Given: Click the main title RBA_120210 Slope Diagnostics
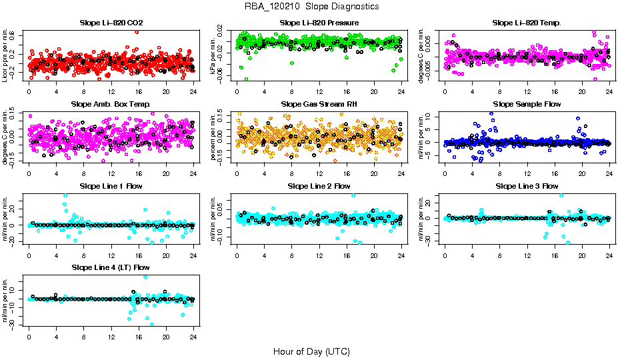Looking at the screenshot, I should pos(312,7).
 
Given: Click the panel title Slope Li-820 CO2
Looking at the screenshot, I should pos(111,23).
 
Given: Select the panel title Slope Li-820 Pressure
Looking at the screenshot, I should pos(319,23).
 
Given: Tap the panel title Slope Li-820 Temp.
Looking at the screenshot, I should pos(527,23).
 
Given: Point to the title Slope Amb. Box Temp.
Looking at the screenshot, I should pos(111,105).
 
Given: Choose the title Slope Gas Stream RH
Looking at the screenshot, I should pos(319,105).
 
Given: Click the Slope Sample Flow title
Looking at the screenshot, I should pos(527,105).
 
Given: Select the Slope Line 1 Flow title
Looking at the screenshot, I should pos(111,186).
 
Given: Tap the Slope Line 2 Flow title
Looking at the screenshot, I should pos(319,186).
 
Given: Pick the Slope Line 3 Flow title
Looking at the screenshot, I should pos(527,186).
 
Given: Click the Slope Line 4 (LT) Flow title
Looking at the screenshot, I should pos(111,267).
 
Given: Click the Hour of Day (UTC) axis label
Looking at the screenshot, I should pos(311,351).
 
